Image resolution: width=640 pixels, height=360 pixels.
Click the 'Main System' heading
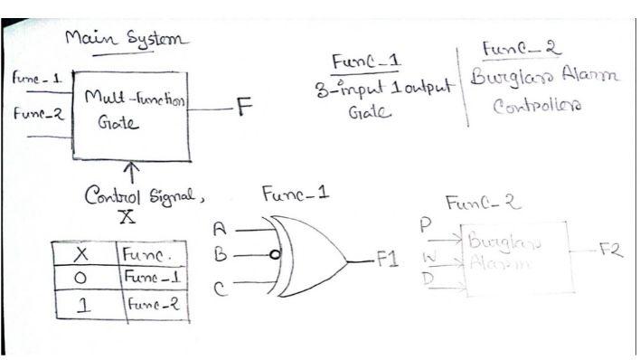[126, 40]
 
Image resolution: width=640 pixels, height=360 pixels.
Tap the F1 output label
[388, 260]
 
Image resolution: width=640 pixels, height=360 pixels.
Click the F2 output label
[611, 251]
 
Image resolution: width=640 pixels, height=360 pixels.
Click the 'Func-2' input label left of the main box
[31, 115]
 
